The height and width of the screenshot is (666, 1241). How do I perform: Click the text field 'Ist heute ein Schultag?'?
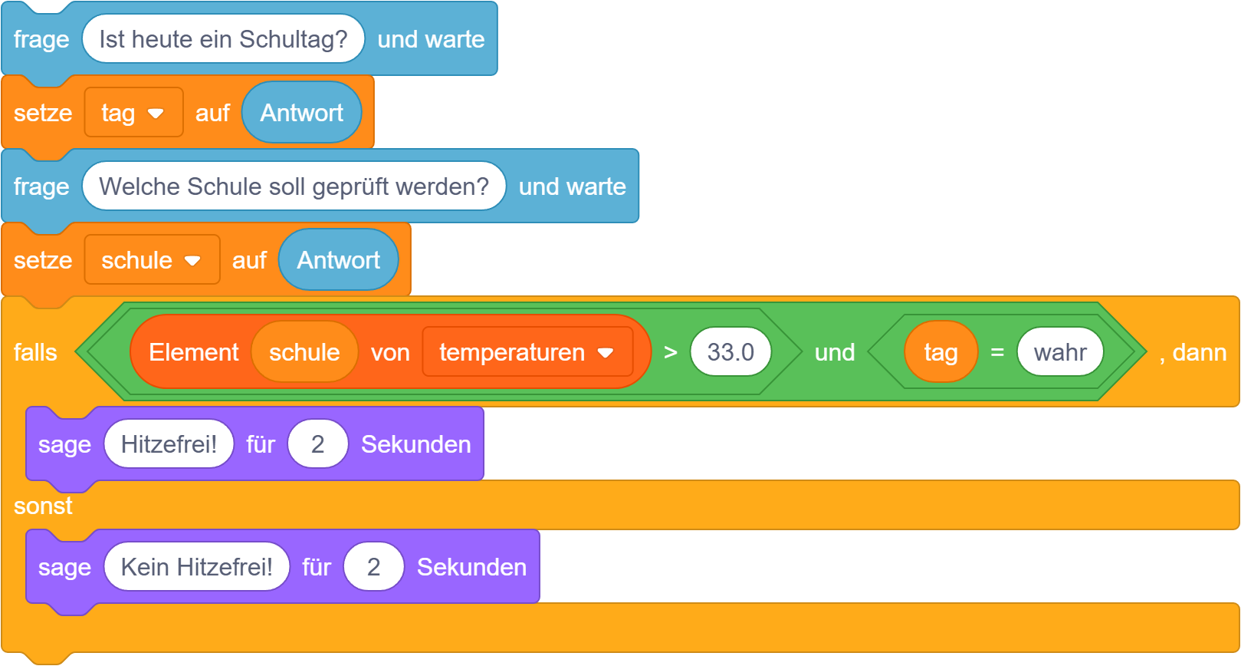click(x=222, y=39)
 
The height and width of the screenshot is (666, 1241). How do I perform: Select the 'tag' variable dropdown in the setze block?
click(x=133, y=113)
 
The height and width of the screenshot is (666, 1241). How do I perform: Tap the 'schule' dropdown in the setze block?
click(x=152, y=260)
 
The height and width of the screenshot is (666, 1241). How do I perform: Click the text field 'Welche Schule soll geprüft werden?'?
click(x=294, y=186)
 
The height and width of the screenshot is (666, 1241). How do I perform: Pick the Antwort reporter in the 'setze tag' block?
click(x=301, y=113)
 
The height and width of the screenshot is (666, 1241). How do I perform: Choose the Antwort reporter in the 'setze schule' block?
click(x=338, y=260)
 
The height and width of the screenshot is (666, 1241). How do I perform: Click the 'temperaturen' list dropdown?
click(x=527, y=352)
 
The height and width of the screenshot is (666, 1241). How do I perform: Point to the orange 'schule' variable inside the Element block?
click(x=304, y=352)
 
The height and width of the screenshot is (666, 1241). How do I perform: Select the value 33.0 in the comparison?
click(x=730, y=352)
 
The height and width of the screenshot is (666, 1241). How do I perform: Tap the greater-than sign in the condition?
click(x=671, y=352)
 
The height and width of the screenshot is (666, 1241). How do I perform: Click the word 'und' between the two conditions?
click(x=834, y=352)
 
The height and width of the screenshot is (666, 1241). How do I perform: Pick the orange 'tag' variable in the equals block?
click(x=941, y=352)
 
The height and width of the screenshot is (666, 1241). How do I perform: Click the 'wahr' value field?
click(x=1059, y=352)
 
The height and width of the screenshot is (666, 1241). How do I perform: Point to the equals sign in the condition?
click(x=997, y=352)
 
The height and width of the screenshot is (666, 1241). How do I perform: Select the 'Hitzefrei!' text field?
click(x=169, y=444)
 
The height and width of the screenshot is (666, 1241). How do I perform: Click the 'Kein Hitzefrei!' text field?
click(x=196, y=567)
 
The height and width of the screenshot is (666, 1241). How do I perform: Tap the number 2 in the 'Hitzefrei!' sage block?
click(x=317, y=444)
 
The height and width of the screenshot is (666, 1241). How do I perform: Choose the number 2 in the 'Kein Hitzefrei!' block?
click(x=373, y=567)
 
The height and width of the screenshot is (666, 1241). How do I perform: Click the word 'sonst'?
click(x=43, y=506)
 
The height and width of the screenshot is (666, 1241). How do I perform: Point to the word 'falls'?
click(x=35, y=352)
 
